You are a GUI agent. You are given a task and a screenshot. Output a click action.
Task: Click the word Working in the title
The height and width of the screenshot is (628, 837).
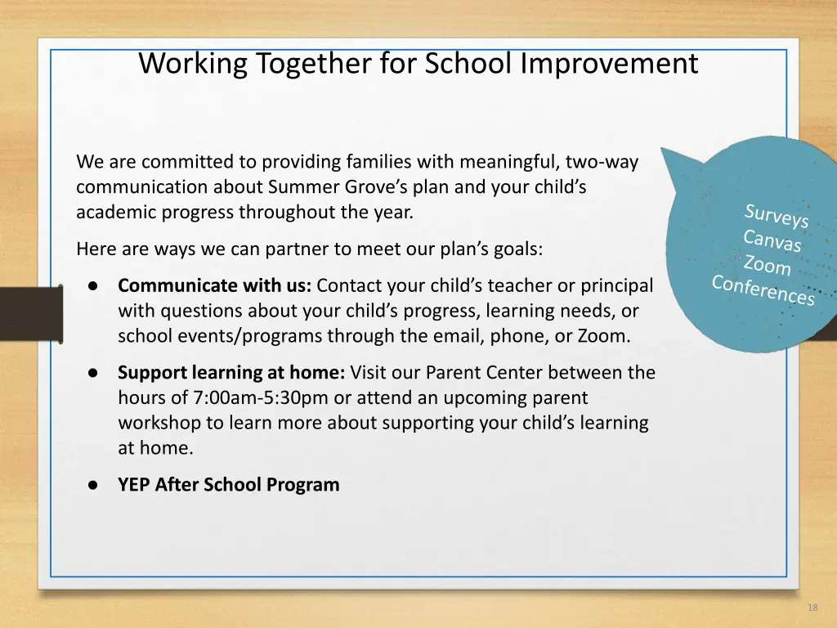click(x=192, y=63)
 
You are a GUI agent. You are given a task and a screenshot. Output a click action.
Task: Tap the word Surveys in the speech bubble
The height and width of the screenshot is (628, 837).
click(x=776, y=217)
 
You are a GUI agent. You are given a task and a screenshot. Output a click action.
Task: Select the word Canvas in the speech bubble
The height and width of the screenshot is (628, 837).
click(x=772, y=242)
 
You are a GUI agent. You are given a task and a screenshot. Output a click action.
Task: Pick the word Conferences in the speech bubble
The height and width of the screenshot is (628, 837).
click(x=763, y=290)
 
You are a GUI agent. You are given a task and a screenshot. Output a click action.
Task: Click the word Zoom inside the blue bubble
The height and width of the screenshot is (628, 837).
click(x=767, y=266)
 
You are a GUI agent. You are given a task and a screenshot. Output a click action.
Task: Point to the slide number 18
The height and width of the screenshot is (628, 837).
click(x=812, y=608)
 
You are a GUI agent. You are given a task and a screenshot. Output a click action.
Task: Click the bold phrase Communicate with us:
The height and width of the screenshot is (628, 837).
click(x=214, y=286)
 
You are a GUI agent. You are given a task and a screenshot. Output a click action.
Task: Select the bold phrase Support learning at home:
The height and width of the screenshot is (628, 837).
click(x=231, y=373)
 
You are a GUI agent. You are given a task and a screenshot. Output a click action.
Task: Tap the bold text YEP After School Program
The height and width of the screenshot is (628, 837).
click(x=228, y=485)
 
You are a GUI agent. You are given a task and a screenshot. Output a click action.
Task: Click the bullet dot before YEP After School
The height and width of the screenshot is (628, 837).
click(x=94, y=485)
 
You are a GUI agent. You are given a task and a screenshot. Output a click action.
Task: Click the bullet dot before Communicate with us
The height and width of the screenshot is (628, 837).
click(x=94, y=286)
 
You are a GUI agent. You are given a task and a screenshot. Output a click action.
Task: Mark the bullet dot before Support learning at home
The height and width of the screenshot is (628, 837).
click(x=94, y=373)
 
